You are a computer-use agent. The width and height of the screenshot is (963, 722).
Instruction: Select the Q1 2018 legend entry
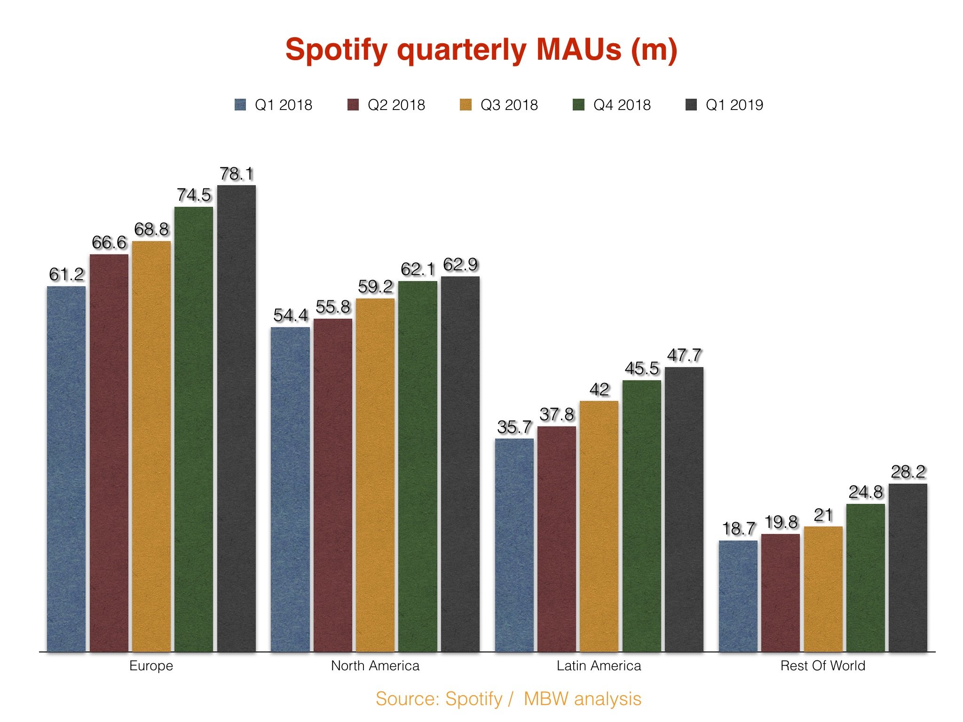273,105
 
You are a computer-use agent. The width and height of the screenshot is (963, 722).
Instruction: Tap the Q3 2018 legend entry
499,105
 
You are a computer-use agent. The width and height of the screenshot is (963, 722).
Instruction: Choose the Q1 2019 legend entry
725,105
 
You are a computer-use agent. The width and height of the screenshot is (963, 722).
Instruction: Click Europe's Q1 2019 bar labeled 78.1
237,418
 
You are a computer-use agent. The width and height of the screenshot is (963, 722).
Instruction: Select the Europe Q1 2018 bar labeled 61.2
66,469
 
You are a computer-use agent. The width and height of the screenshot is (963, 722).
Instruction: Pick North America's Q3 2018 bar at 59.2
375,475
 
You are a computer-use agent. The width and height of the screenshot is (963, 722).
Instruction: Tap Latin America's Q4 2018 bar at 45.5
642,516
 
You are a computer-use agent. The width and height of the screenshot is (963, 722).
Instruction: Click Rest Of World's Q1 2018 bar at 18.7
738,596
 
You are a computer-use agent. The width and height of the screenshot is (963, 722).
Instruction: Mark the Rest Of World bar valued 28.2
908,568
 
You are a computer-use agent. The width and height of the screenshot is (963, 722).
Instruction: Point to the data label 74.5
194,195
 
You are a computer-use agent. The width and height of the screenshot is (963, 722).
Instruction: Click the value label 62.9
460,265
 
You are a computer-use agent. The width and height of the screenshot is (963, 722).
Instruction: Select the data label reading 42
599,389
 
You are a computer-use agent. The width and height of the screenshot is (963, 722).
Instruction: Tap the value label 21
823,515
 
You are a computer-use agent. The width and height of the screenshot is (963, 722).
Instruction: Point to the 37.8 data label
557,415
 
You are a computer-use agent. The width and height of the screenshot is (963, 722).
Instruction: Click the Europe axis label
151,666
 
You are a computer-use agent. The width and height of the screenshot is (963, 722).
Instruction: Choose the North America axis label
375,666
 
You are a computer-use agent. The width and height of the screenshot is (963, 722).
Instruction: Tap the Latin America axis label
599,666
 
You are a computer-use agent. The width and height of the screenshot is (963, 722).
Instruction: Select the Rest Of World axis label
823,666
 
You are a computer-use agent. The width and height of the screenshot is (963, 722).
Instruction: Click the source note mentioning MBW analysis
508,699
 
